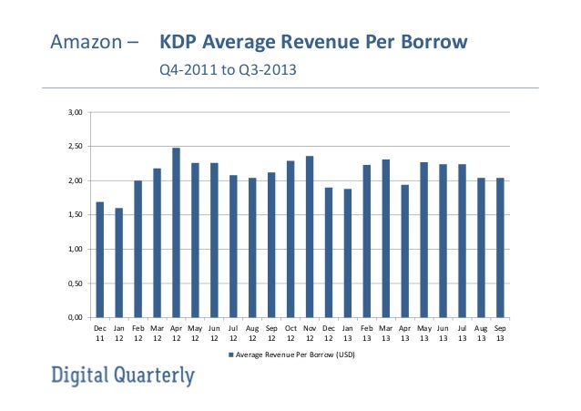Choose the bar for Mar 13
pos(386,239)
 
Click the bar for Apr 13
pos(405,252)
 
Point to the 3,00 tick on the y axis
pos(76,113)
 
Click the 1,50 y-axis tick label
pos(76,215)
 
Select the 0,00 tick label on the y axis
pos(76,317)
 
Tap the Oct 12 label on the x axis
pos(290,334)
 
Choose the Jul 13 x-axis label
pos(462,334)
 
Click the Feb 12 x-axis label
pos(138,334)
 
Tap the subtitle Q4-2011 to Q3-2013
pos(228,69)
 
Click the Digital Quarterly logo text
pos(122,375)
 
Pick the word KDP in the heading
pos(179,43)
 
